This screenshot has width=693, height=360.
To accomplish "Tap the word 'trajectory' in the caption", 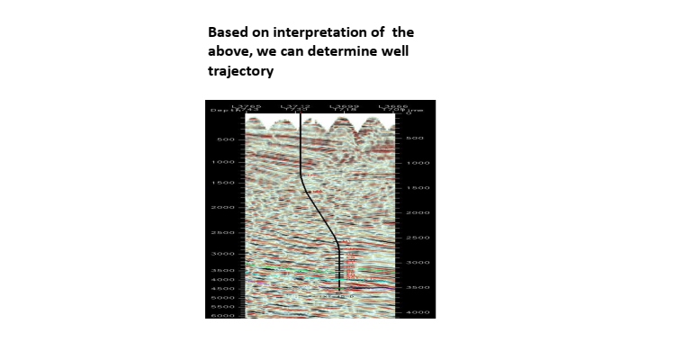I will pyautogui.click(x=241, y=71).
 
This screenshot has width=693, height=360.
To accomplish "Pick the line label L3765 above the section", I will pyautogui.click(x=246, y=106).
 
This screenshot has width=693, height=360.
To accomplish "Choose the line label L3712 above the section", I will pyautogui.click(x=295, y=106).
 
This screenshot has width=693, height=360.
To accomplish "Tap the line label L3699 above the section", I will pyautogui.click(x=345, y=106).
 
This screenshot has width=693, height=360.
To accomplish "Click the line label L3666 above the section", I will pyautogui.click(x=393, y=106).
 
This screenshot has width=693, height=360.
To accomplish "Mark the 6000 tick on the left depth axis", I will pyautogui.click(x=223, y=316).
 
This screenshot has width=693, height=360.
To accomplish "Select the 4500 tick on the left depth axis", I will pyautogui.click(x=223, y=289).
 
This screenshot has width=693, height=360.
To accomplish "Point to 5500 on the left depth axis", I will pyautogui.click(x=223, y=307).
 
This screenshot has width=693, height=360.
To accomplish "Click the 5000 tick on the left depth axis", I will pyautogui.click(x=223, y=298).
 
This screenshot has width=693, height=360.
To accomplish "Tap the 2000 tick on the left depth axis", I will pyautogui.click(x=223, y=208).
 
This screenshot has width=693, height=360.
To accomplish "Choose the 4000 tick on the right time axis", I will pyautogui.click(x=418, y=312).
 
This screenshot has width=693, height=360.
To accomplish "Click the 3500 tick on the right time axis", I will pyautogui.click(x=418, y=287).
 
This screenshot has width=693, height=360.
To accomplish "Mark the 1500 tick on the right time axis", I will pyautogui.click(x=418, y=188).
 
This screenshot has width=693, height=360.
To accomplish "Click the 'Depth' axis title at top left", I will pyautogui.click(x=220, y=111).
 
